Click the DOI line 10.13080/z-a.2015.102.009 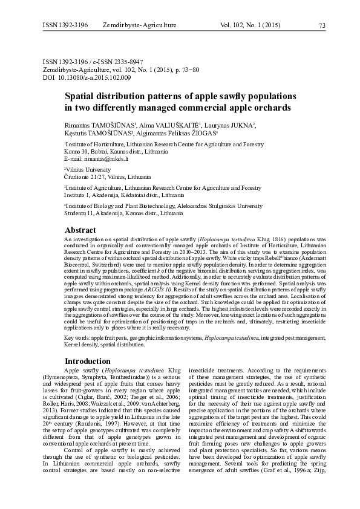point(84,79)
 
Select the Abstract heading point(80,230)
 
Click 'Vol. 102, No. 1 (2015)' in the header point(254,25)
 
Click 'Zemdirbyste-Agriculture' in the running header point(139,25)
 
